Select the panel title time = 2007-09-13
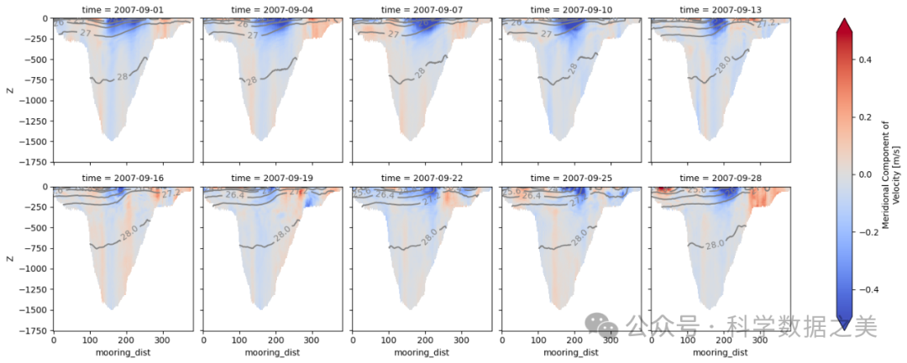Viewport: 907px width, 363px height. (x=722, y=9)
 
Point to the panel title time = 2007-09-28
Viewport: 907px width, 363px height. (x=722, y=178)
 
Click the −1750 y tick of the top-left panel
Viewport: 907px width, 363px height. (x=30, y=162)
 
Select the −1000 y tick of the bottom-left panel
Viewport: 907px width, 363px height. (x=30, y=269)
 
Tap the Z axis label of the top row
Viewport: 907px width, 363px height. (x=8, y=90)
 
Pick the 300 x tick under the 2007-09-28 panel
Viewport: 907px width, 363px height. (x=761, y=340)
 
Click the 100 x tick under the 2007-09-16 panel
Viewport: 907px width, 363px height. (x=90, y=340)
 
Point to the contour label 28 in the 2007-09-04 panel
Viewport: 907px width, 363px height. (x=251, y=80)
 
